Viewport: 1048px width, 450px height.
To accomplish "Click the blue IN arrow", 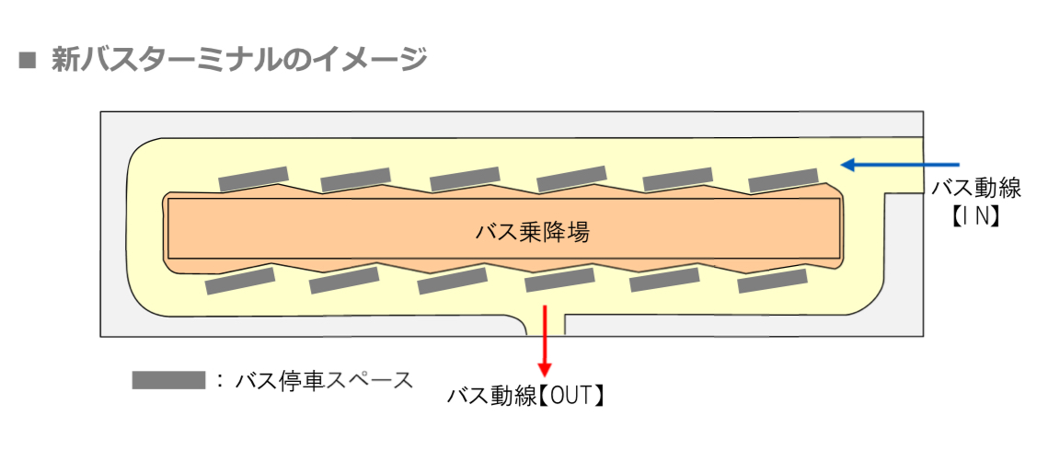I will click(902, 165).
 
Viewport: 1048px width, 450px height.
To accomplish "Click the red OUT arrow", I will click(547, 338).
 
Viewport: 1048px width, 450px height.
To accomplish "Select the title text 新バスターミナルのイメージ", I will click(238, 60).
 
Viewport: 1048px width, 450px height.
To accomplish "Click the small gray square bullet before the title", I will click(28, 61).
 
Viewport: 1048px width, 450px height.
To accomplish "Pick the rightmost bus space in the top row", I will click(783, 180).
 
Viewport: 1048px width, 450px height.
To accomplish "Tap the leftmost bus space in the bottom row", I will click(240, 282).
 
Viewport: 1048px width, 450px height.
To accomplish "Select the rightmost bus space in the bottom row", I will click(773, 281).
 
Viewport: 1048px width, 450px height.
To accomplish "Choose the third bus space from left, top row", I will click(465, 179).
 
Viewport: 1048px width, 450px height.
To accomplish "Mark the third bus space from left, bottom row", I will click(452, 282).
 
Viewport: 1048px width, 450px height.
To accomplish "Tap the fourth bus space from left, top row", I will click(571, 179).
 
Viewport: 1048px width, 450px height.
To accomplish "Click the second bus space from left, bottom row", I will click(344, 281).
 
